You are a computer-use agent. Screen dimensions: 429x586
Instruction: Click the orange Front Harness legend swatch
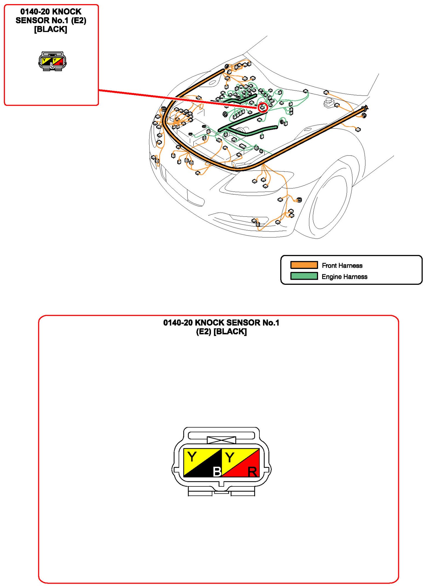[x=304, y=265]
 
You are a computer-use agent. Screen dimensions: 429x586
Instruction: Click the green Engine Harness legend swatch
[x=304, y=276]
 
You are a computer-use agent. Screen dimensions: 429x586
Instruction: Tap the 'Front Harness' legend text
[x=342, y=265]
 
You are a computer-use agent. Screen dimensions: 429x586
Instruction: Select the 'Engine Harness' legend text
[x=344, y=277]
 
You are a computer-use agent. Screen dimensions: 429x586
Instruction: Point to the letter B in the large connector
[x=217, y=471]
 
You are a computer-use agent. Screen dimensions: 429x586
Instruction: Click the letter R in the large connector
[x=252, y=472]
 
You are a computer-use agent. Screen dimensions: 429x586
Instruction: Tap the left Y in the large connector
[x=192, y=456]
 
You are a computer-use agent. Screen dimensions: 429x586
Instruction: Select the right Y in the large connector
[x=230, y=457]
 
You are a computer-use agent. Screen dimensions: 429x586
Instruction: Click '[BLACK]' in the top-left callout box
[x=50, y=29]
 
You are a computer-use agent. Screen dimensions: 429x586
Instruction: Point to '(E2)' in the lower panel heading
[x=204, y=332]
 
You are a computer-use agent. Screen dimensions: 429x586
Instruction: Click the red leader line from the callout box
[x=178, y=99]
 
